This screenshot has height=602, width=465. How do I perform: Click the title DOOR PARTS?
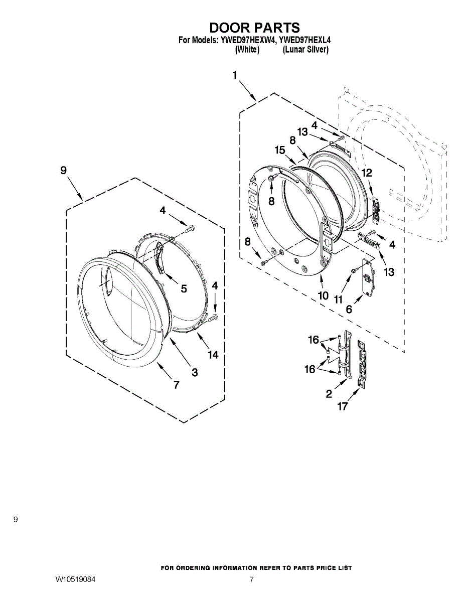[x=254, y=28]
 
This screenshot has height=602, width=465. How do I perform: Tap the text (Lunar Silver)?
[x=305, y=50]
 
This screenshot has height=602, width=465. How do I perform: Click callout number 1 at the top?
[x=235, y=75]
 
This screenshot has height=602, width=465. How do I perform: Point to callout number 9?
[x=63, y=170]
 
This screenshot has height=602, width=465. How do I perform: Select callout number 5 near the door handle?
[x=184, y=288]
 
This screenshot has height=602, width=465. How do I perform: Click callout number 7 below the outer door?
[x=177, y=384]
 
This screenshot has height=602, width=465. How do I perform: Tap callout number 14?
[x=213, y=355]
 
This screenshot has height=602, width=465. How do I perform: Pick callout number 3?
[x=195, y=372]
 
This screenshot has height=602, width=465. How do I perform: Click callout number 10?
[x=323, y=296]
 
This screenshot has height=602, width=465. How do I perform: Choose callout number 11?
[x=338, y=299]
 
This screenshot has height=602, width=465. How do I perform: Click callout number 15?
[x=280, y=150]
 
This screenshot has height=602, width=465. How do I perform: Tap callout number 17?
[x=342, y=406]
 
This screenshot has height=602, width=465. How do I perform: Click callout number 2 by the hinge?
[x=329, y=393]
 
